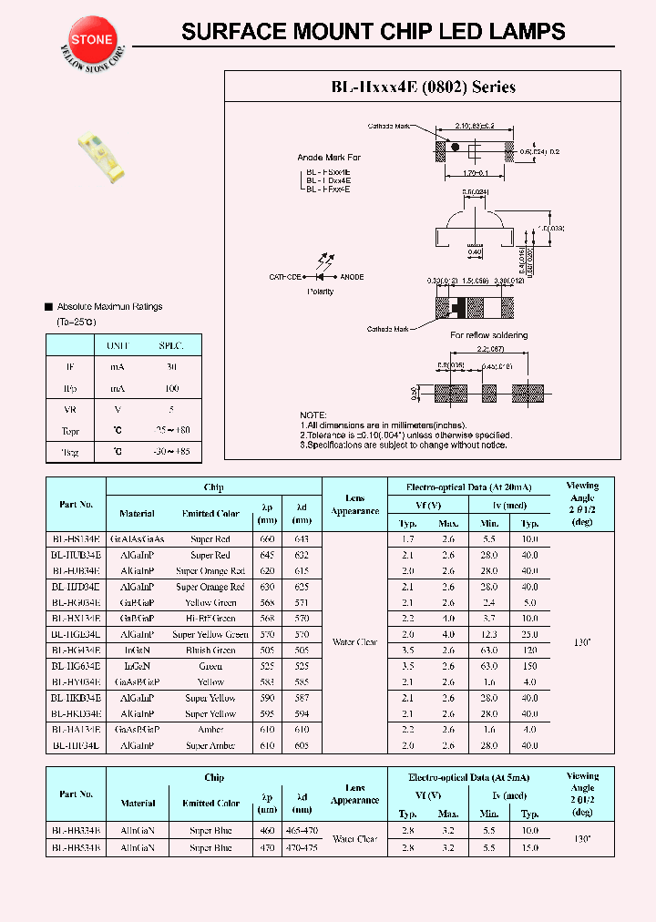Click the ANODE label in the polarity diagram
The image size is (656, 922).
(x=352, y=276)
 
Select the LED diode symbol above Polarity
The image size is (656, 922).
(x=320, y=275)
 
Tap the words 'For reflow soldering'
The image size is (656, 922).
(x=489, y=335)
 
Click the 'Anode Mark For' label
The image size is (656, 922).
(x=329, y=158)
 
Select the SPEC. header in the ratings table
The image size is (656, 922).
(x=171, y=346)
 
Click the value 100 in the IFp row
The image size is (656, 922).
(x=171, y=388)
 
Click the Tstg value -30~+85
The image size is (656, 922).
(x=171, y=452)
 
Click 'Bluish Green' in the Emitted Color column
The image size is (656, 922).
(x=210, y=651)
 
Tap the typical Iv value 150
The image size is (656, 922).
(x=530, y=666)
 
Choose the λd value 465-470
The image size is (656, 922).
(x=299, y=832)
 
